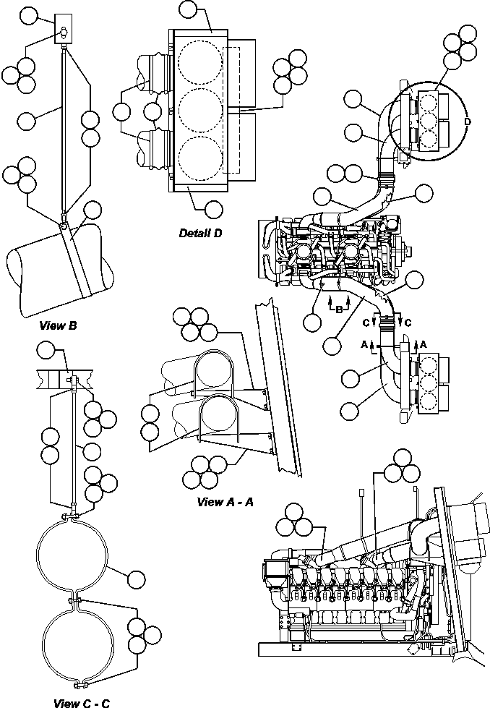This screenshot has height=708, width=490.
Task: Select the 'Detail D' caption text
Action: [200, 233]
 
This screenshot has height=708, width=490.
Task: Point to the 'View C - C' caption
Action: [81, 701]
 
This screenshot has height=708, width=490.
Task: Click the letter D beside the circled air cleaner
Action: [468, 122]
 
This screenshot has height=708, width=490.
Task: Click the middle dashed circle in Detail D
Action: [200, 109]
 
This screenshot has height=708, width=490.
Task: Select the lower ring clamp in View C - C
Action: [74, 636]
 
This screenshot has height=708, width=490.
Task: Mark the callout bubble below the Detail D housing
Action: [213, 209]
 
